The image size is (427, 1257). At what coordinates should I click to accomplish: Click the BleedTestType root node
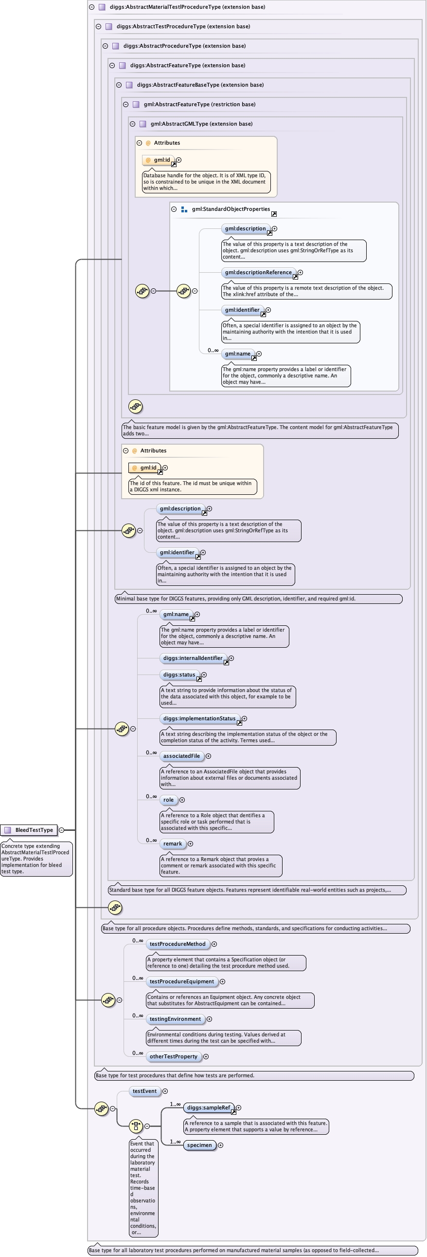click(34, 830)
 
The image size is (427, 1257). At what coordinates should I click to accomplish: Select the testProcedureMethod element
click(178, 944)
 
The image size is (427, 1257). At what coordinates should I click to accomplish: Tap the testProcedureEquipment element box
click(181, 982)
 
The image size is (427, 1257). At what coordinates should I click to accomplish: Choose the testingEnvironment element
click(175, 1019)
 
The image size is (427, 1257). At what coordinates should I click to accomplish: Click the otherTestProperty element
click(173, 1057)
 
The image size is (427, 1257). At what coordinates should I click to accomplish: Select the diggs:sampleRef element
click(208, 1108)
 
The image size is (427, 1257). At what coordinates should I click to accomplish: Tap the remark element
click(173, 844)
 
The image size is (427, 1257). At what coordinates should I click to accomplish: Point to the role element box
click(168, 800)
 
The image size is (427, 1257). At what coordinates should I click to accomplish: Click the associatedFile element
click(181, 756)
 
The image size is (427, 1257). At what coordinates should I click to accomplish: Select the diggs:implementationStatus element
click(199, 719)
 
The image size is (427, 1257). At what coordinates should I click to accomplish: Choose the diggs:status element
click(179, 675)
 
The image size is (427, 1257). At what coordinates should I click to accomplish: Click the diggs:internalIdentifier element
click(193, 658)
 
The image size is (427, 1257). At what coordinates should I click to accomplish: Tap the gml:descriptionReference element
click(258, 273)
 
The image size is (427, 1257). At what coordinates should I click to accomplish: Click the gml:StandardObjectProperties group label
click(231, 209)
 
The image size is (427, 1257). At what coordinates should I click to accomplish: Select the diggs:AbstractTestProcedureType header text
click(183, 27)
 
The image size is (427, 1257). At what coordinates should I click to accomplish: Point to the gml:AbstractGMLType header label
click(201, 124)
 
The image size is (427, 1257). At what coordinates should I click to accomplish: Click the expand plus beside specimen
click(220, 1146)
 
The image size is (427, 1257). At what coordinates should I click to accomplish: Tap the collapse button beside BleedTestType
click(61, 830)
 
